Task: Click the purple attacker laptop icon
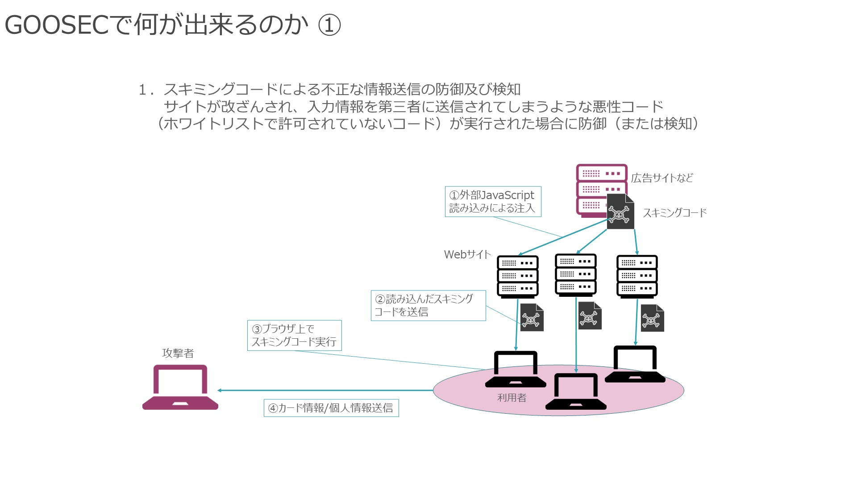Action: (180, 387)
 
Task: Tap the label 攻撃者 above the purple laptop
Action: (178, 353)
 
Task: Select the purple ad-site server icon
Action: (601, 191)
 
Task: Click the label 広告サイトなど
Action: (662, 178)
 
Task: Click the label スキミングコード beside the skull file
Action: (674, 213)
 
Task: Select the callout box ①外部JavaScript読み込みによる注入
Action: (493, 202)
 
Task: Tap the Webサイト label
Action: (467, 254)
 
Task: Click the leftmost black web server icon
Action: (518, 276)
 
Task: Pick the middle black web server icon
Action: (576, 275)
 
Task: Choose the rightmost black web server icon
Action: (637, 276)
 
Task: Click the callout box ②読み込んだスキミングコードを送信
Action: (428, 305)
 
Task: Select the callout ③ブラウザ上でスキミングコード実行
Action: (295, 336)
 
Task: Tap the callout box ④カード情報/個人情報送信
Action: (331, 408)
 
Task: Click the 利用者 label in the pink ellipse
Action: (512, 398)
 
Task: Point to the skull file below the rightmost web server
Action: (653, 318)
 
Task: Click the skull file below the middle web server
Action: (590, 316)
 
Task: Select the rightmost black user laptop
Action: (635, 364)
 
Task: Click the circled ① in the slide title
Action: (329, 25)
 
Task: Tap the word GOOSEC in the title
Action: (57, 25)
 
